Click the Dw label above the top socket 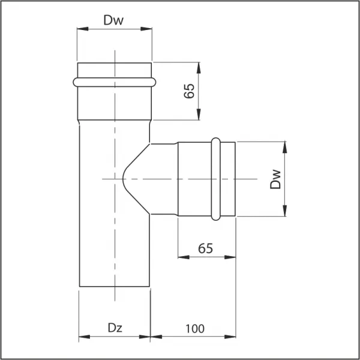113,20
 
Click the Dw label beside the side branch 275,179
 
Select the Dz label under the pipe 115,328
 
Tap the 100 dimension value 195,329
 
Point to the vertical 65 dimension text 189,91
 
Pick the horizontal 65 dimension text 205,248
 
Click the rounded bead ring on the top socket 115,82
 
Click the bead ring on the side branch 215,179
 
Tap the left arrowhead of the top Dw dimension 83,29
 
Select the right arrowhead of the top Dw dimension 146,29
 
